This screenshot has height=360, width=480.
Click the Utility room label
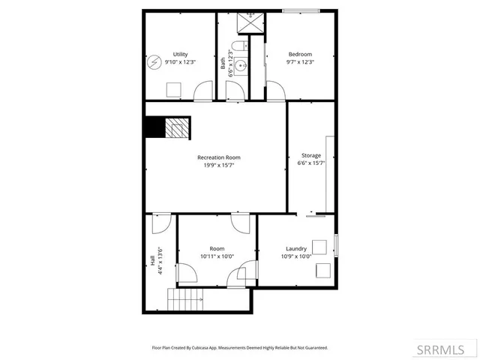(180, 54)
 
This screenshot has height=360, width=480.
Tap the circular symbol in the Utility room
(154, 61)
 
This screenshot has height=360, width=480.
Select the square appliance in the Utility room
(172, 89)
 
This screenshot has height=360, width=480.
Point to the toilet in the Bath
(236, 49)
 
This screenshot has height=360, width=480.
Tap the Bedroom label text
(300, 54)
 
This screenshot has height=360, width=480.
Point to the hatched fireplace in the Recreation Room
(177, 128)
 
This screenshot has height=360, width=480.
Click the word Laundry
(296, 248)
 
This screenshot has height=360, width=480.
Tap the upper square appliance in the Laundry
(320, 247)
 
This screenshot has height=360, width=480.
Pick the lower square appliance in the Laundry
(324, 271)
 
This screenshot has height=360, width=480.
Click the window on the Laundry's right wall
(336, 245)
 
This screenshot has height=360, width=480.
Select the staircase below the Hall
(184, 301)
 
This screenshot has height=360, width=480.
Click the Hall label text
(152, 261)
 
